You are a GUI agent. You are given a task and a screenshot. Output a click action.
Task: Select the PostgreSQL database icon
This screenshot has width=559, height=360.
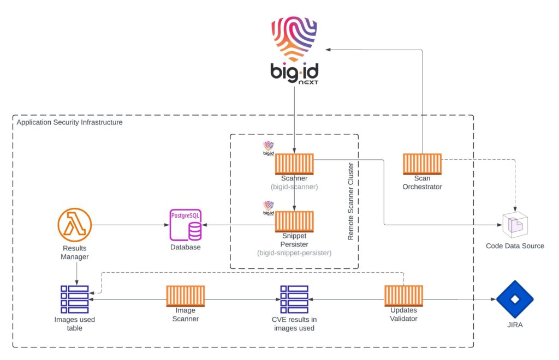click(x=185, y=224)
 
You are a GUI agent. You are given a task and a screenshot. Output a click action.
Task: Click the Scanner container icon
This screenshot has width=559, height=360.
click(x=294, y=164)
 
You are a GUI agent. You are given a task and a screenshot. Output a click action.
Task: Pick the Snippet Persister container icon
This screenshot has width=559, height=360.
click(x=294, y=221)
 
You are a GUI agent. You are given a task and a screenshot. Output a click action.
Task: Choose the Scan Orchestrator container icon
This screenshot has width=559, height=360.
click(x=422, y=164)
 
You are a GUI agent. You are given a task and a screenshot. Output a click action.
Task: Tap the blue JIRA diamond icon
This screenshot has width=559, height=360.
click(x=515, y=299)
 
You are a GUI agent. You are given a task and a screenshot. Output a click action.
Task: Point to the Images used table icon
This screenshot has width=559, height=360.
click(x=74, y=299)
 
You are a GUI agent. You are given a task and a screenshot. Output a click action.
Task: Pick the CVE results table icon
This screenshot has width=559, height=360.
click(x=294, y=299)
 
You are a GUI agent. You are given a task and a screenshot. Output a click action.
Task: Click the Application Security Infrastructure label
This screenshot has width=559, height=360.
click(x=69, y=123)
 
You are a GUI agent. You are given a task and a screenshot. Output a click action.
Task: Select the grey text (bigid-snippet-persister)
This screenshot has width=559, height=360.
click(x=294, y=253)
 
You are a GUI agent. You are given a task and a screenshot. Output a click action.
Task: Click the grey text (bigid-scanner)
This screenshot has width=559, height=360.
click(x=294, y=187)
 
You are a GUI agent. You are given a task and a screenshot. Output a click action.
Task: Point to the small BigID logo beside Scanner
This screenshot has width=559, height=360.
click(x=268, y=148)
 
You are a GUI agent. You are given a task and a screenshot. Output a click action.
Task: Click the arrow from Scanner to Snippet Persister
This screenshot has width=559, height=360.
click(x=294, y=199)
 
